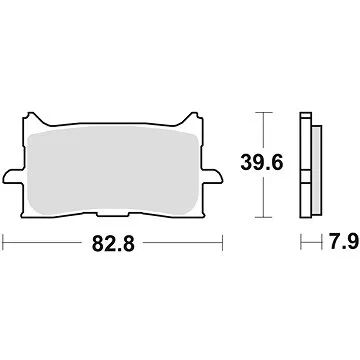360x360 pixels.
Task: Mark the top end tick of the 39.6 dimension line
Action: (262, 112)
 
